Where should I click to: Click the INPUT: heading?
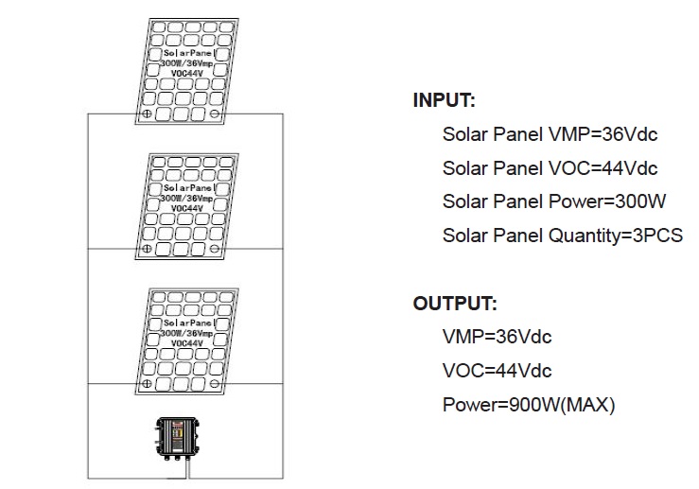[x=445, y=101]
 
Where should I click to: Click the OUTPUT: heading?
[x=455, y=304]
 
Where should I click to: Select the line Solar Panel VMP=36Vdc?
[x=550, y=134]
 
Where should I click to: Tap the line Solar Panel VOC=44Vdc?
[x=550, y=168]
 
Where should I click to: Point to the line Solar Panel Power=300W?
[x=554, y=201]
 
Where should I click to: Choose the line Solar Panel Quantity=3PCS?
[x=562, y=236]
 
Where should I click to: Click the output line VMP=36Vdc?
[x=497, y=337]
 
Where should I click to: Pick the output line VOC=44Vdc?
[x=497, y=371]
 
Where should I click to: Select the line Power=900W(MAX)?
[x=529, y=405]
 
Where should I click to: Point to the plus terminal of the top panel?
[x=148, y=114]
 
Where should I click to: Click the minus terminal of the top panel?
[x=215, y=114]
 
